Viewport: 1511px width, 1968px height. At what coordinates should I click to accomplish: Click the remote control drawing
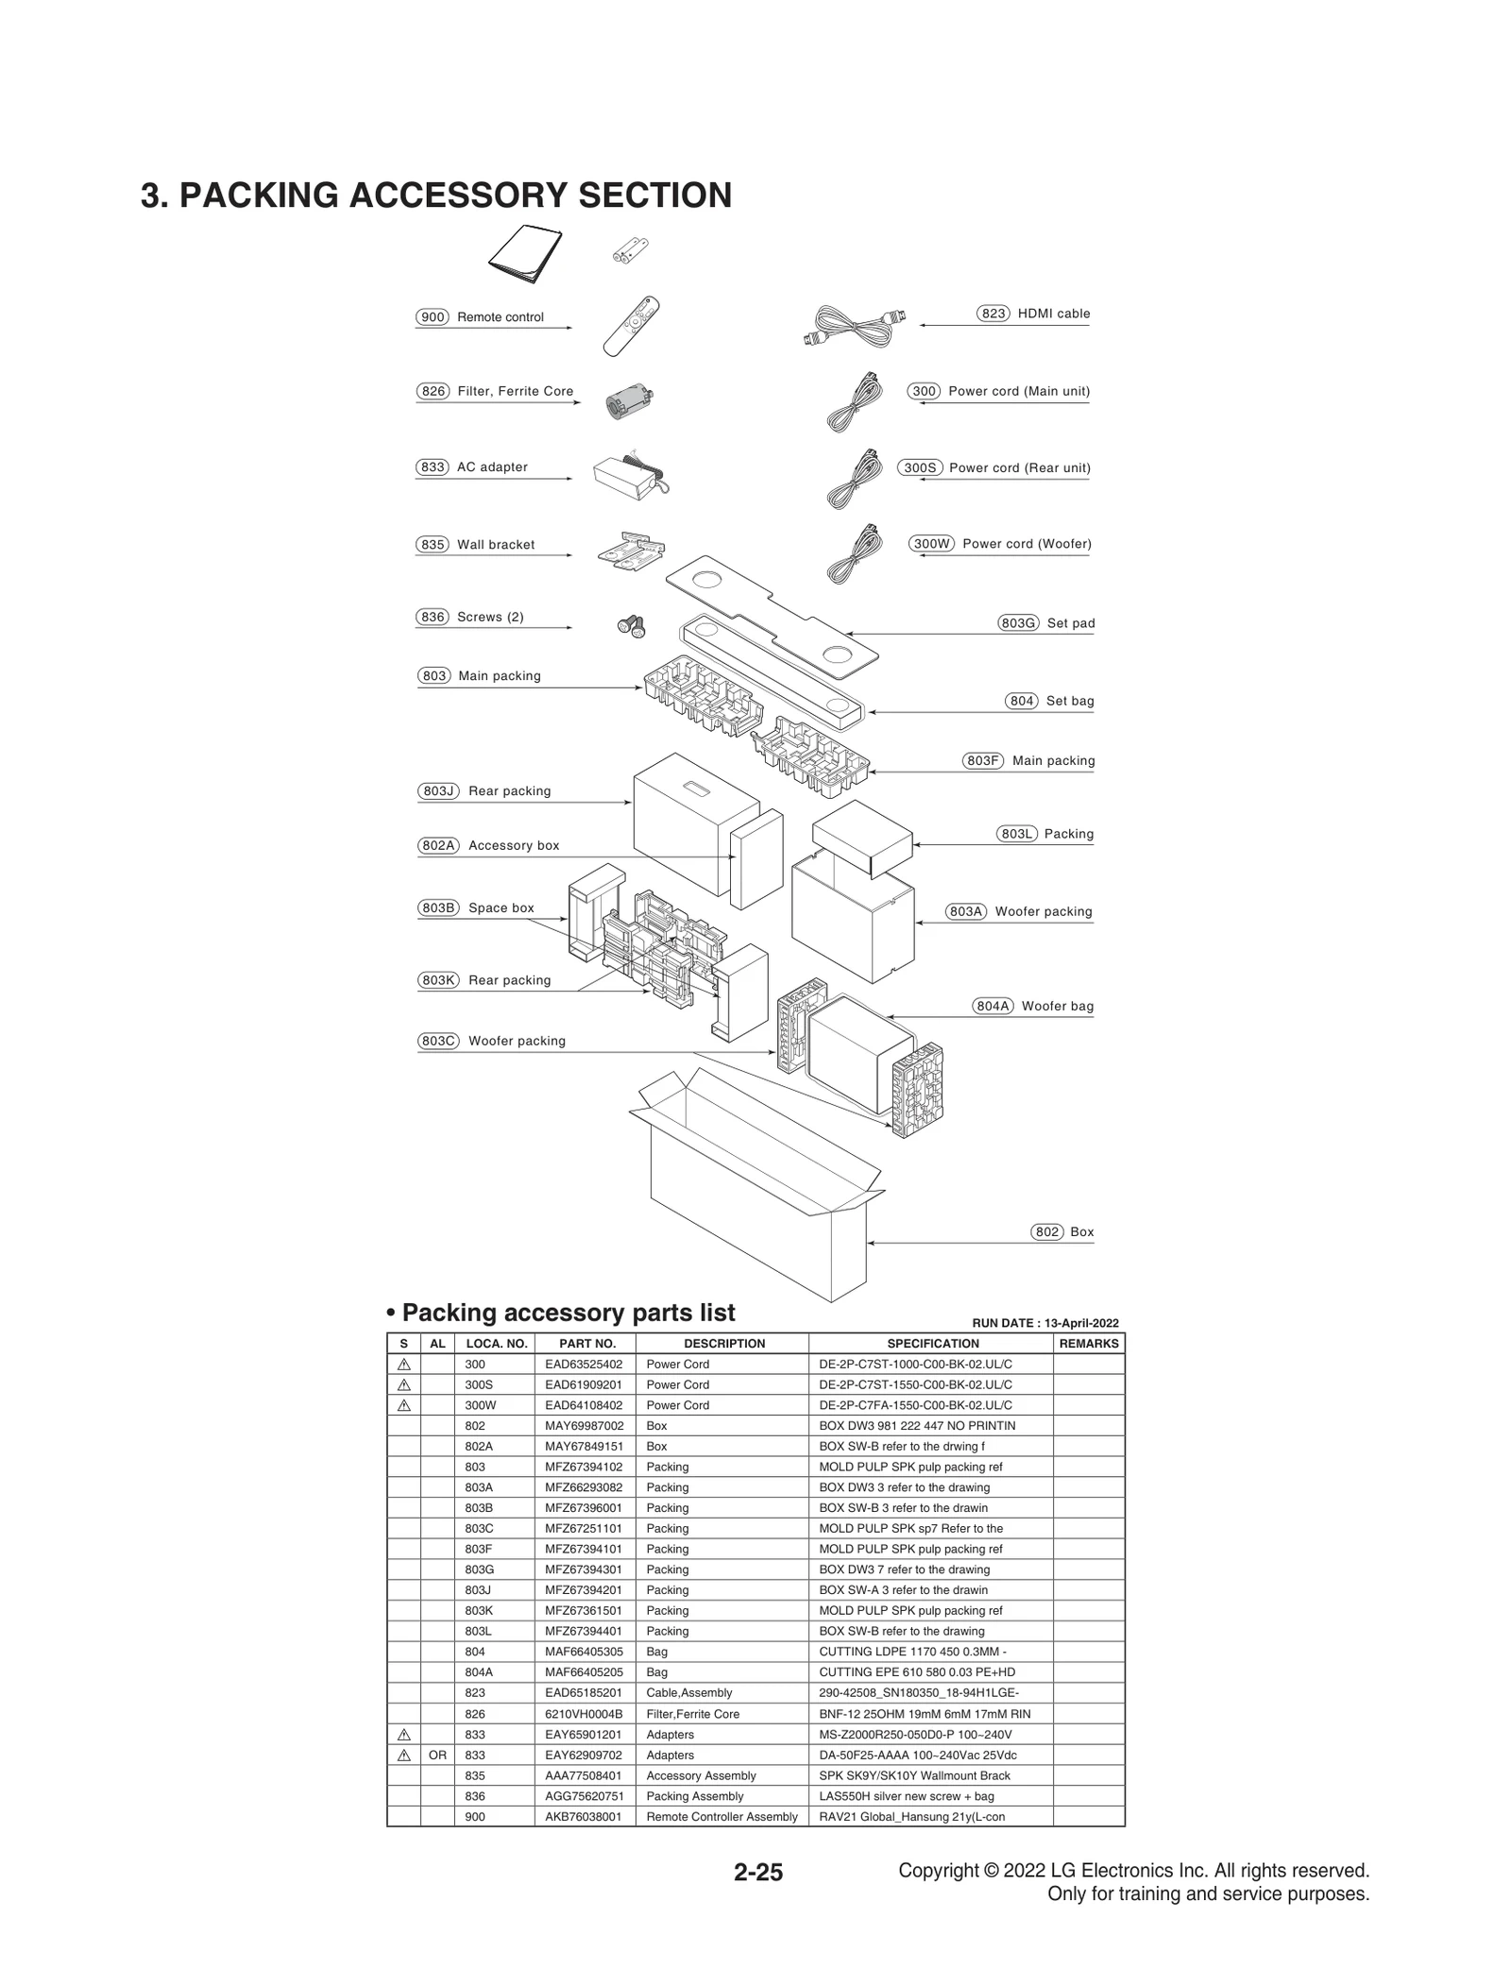click(631, 326)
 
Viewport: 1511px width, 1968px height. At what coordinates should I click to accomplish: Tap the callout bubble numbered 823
click(993, 314)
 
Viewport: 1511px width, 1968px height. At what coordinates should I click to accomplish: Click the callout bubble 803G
click(1018, 623)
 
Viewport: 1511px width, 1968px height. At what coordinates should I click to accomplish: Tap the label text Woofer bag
click(1057, 1006)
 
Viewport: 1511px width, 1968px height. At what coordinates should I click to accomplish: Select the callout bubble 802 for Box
click(1046, 1231)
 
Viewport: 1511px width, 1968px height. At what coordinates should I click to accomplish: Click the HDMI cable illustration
click(856, 326)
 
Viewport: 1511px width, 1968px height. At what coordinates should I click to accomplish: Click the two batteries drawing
click(631, 251)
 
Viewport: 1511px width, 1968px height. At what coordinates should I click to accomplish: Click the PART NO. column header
click(586, 1343)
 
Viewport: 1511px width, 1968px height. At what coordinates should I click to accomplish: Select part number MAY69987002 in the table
click(584, 1425)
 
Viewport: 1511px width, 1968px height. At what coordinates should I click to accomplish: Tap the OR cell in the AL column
click(437, 1755)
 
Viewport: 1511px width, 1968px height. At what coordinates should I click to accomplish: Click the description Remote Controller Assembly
click(722, 1816)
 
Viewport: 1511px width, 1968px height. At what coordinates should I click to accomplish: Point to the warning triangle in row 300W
click(404, 1405)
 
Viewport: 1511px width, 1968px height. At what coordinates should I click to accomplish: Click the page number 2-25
click(758, 1873)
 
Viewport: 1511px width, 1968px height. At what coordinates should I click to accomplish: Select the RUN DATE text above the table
click(1044, 1323)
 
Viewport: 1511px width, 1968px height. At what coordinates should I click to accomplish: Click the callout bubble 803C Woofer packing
click(438, 1041)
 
